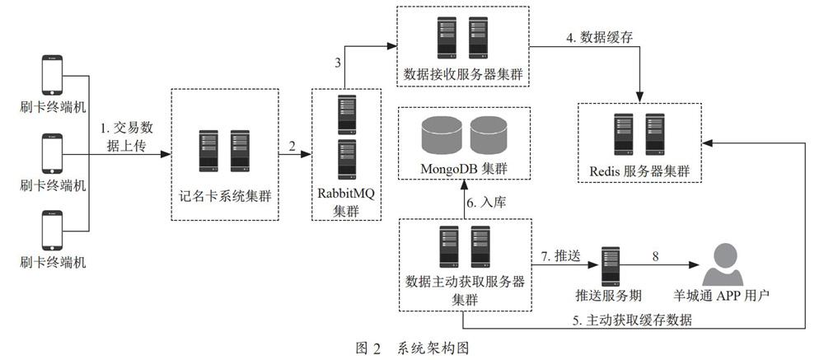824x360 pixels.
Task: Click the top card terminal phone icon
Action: click(52, 75)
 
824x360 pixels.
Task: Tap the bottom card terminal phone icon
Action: click(52, 231)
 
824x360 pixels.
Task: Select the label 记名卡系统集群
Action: click(224, 197)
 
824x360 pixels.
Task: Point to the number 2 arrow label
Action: click(292, 147)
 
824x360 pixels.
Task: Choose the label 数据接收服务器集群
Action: click(463, 73)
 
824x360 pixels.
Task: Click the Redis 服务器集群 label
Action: click(639, 171)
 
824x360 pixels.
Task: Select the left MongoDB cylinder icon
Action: click(442, 135)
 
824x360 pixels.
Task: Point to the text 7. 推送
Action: click(560, 256)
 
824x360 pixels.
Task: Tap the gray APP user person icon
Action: click(723, 265)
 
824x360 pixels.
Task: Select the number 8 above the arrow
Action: click(655, 256)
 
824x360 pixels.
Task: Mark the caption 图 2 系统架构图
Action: click(411, 348)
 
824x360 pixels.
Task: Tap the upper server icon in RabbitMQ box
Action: click(347, 115)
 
